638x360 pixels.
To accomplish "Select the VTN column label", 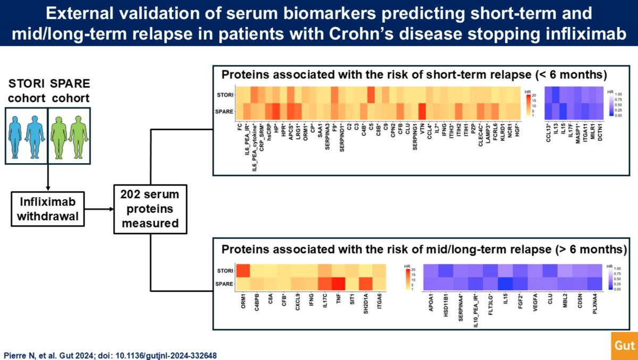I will (422, 129).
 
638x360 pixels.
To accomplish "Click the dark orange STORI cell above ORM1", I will (243, 271).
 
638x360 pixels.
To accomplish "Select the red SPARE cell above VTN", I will (422, 112).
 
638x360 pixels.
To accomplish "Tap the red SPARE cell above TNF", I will (337, 283).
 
